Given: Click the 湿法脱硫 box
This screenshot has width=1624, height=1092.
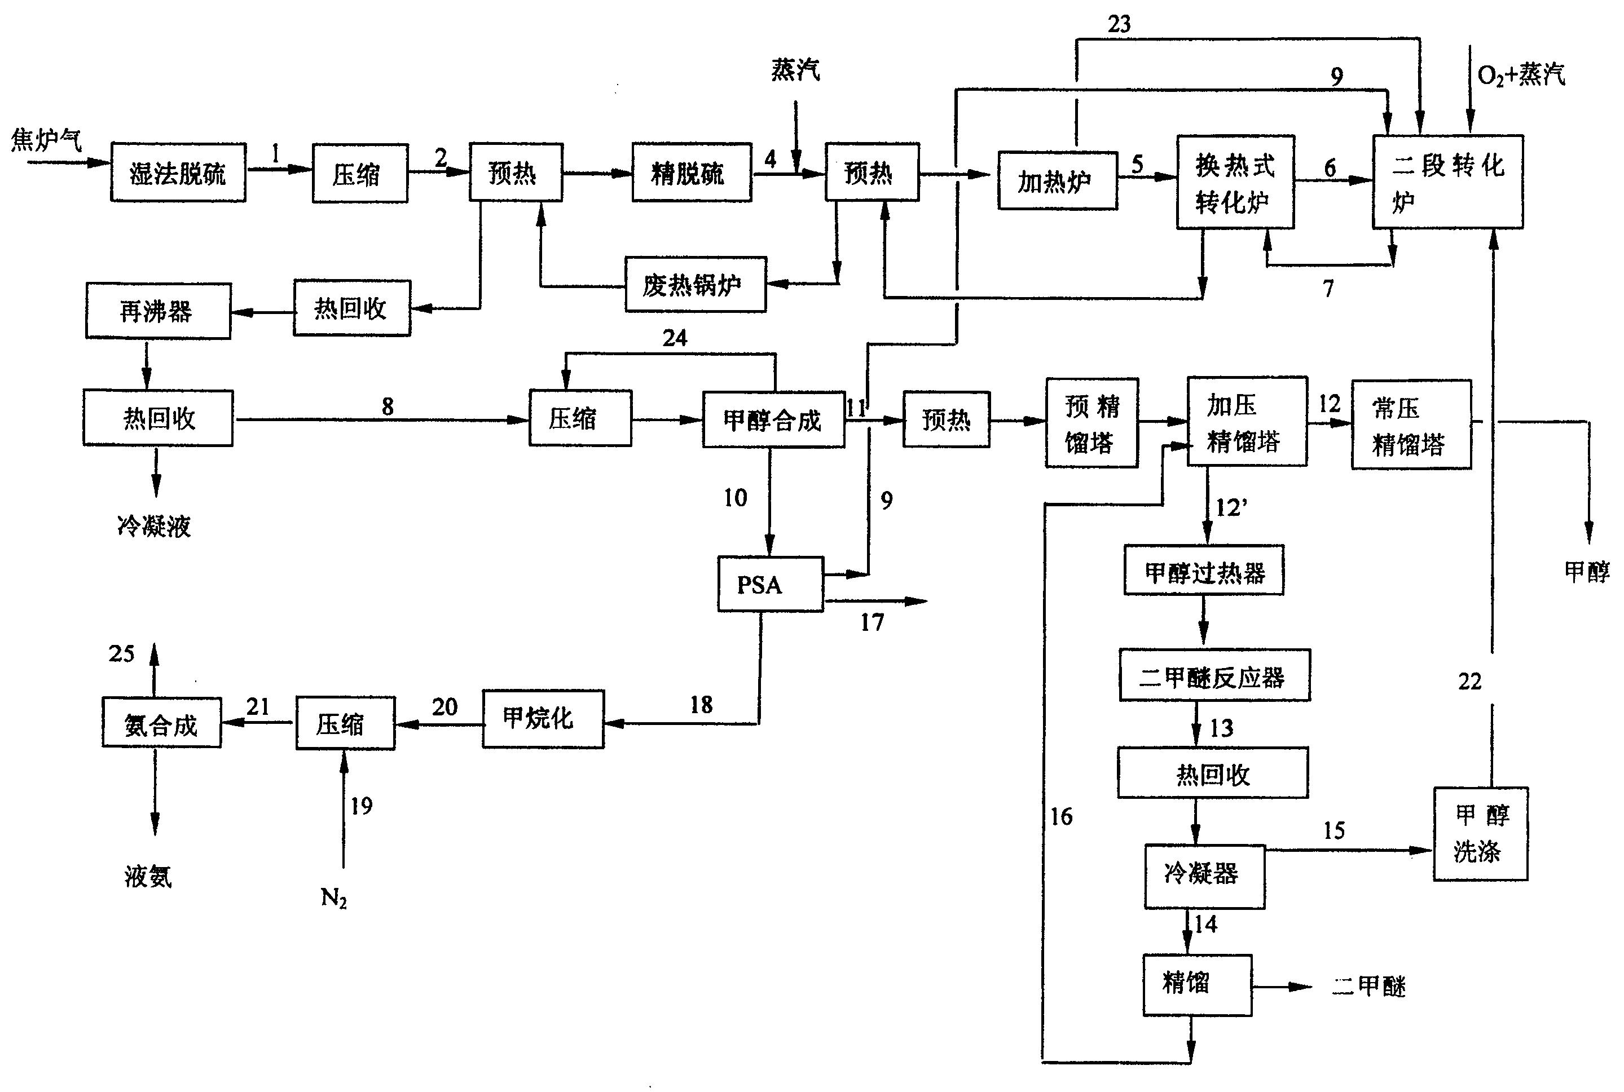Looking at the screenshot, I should point(178,173).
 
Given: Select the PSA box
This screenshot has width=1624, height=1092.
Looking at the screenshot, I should point(771,584).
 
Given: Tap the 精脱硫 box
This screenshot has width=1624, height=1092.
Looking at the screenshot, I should point(691,173).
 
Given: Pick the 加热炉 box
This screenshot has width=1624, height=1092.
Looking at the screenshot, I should point(1057,181).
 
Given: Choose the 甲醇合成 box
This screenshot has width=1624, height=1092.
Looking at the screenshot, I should point(773,420).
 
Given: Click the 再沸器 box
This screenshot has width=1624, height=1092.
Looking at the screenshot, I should point(158,311).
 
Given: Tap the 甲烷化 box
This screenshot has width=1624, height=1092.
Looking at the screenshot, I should point(543,719).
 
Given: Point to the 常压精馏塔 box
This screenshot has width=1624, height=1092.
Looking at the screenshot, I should point(1411,425).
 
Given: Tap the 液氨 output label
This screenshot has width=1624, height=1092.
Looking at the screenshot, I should point(148,876).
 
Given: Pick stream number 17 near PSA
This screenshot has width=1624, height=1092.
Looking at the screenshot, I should point(872,622).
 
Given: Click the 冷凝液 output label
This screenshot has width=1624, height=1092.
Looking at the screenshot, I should point(154,526).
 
